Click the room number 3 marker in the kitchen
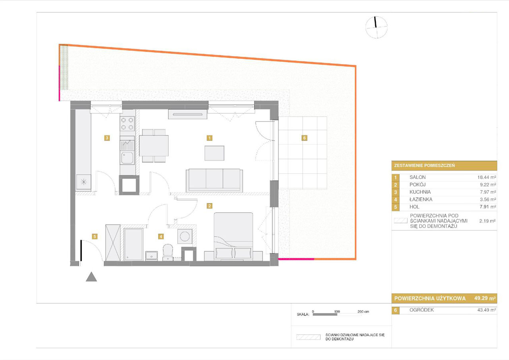click(107, 138)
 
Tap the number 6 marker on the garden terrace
click(304, 138)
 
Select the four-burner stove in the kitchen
click(127, 123)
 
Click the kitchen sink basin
click(127, 158)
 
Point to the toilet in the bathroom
click(168, 252)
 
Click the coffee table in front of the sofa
click(214, 153)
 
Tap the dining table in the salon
click(154, 146)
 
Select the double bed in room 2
click(233, 236)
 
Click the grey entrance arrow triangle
click(91, 277)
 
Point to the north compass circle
click(376, 27)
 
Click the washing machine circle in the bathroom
click(185, 236)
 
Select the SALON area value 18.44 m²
click(486, 177)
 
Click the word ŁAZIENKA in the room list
click(421, 199)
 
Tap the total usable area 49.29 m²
click(485, 298)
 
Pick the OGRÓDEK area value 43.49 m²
click(486, 310)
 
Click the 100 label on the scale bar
click(337, 311)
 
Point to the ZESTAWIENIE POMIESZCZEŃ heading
click(424, 165)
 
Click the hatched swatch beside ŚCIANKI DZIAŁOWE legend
click(308, 337)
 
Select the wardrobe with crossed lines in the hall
click(113, 243)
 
